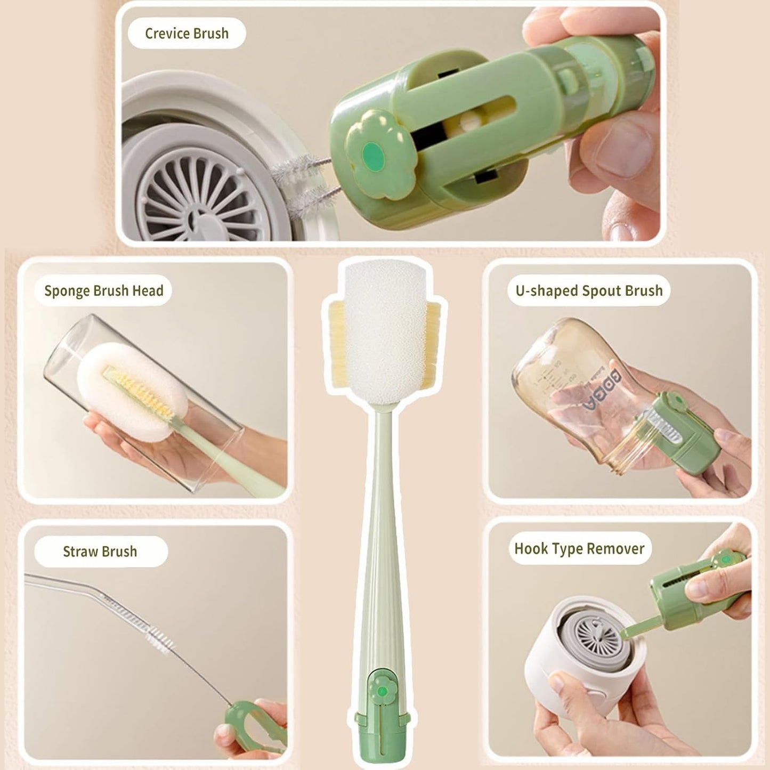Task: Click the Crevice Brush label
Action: tap(187, 34)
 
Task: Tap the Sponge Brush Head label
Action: tap(103, 291)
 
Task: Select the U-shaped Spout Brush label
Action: tap(589, 291)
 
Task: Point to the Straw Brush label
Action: tap(100, 552)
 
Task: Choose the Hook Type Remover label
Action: tap(579, 549)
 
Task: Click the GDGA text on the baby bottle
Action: tap(595, 392)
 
